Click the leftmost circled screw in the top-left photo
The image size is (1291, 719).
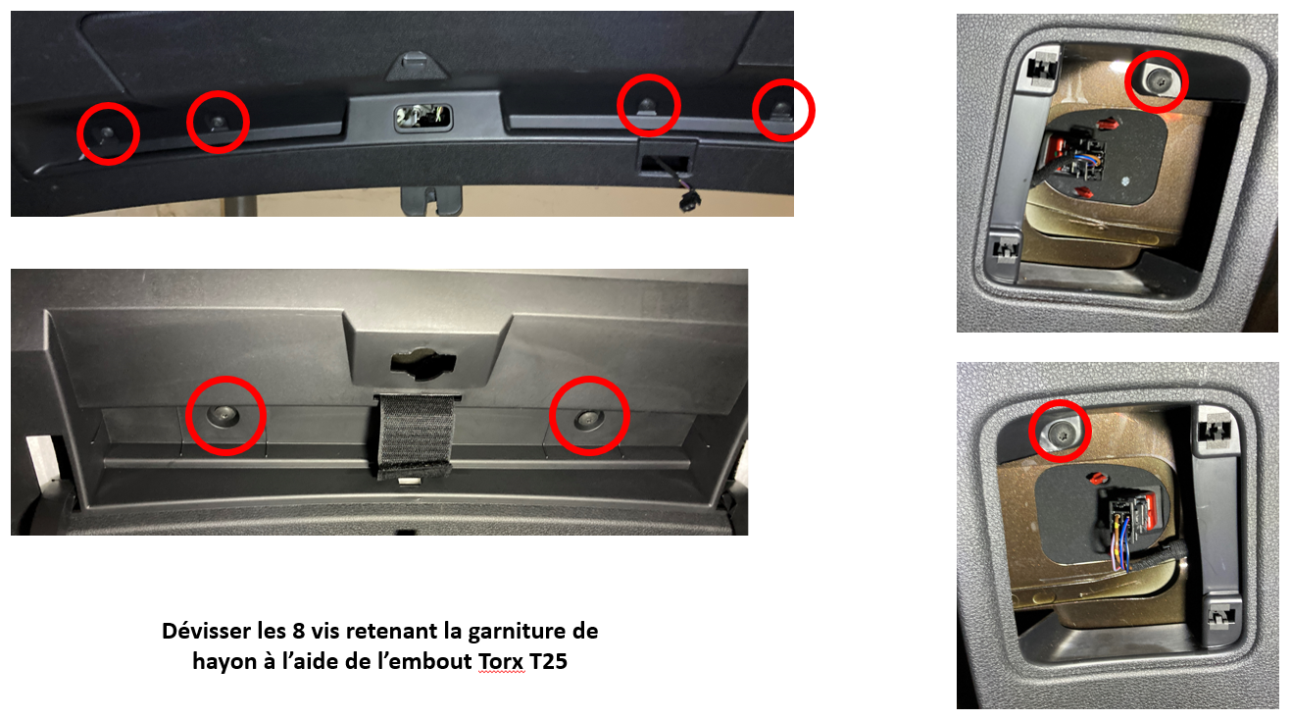pyautogui.click(x=108, y=133)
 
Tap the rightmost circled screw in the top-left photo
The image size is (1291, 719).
pyautogui.click(x=781, y=109)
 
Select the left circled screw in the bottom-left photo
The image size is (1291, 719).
pyautogui.click(x=223, y=415)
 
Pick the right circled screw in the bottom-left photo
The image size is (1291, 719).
pyautogui.click(x=588, y=419)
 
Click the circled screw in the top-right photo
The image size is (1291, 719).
pyautogui.click(x=1158, y=82)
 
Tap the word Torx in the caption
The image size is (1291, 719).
pyautogui.click(x=502, y=661)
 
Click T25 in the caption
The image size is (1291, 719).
pyautogui.click(x=548, y=661)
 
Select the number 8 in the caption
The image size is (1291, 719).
pyautogui.click(x=299, y=631)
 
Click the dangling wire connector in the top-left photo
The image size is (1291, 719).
pyautogui.click(x=689, y=201)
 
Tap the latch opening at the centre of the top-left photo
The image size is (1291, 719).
pyautogui.click(x=423, y=117)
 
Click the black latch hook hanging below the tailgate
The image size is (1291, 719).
pyautogui.click(x=431, y=200)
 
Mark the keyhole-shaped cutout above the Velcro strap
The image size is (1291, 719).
pyautogui.click(x=423, y=363)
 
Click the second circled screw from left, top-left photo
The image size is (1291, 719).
pyautogui.click(x=218, y=122)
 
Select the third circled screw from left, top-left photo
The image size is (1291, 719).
pyautogui.click(x=648, y=104)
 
